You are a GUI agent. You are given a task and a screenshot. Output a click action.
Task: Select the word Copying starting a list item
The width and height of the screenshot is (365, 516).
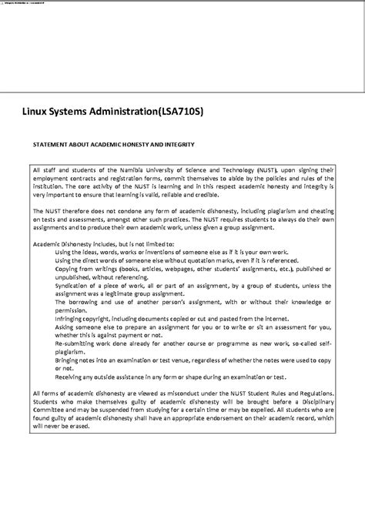pos(67,269)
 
